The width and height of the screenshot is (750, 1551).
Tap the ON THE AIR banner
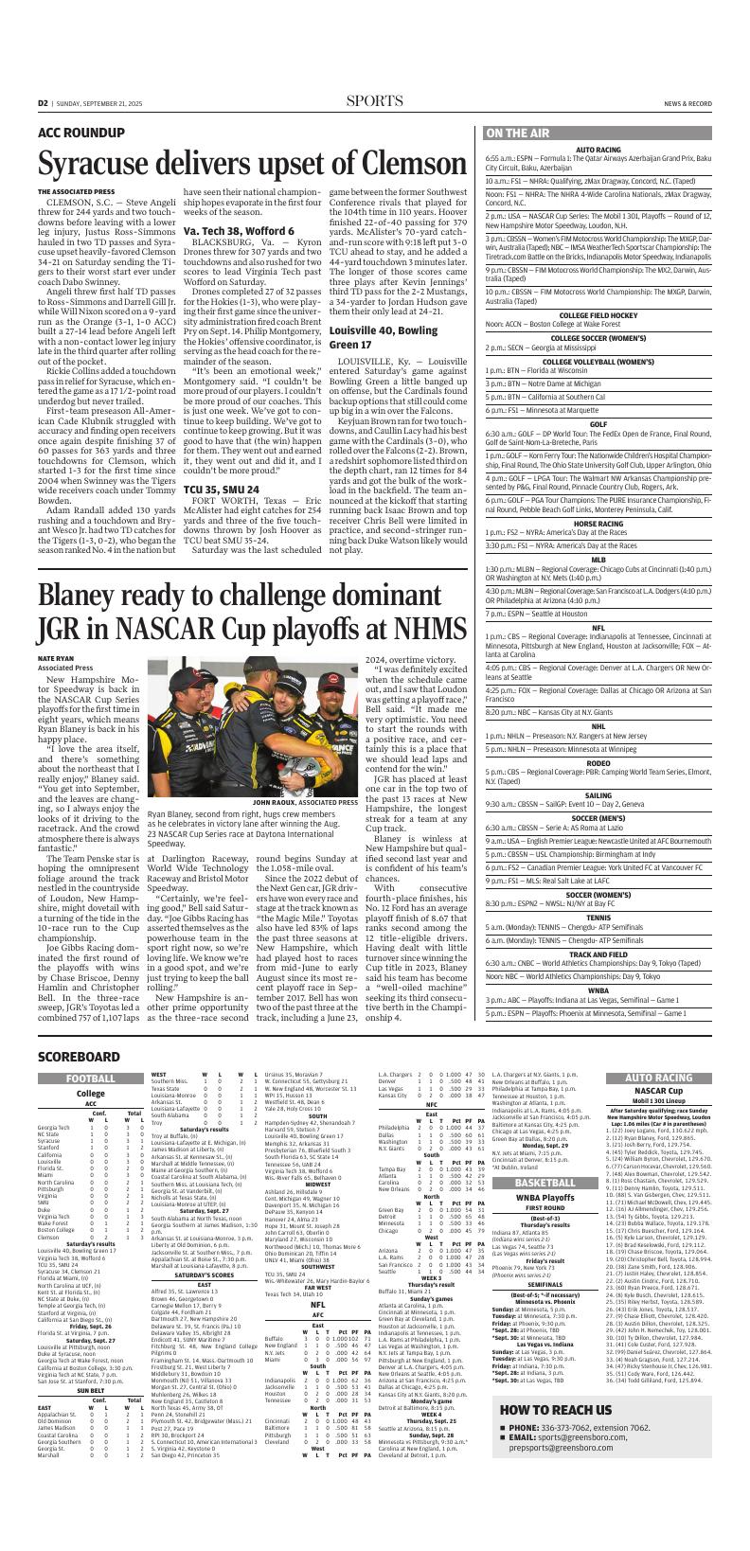517,134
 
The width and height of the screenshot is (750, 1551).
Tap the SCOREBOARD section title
80,1056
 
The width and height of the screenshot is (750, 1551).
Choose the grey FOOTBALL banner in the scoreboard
91,1079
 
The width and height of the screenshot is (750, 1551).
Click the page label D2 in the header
44,102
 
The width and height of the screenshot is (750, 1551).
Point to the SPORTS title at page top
374,102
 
